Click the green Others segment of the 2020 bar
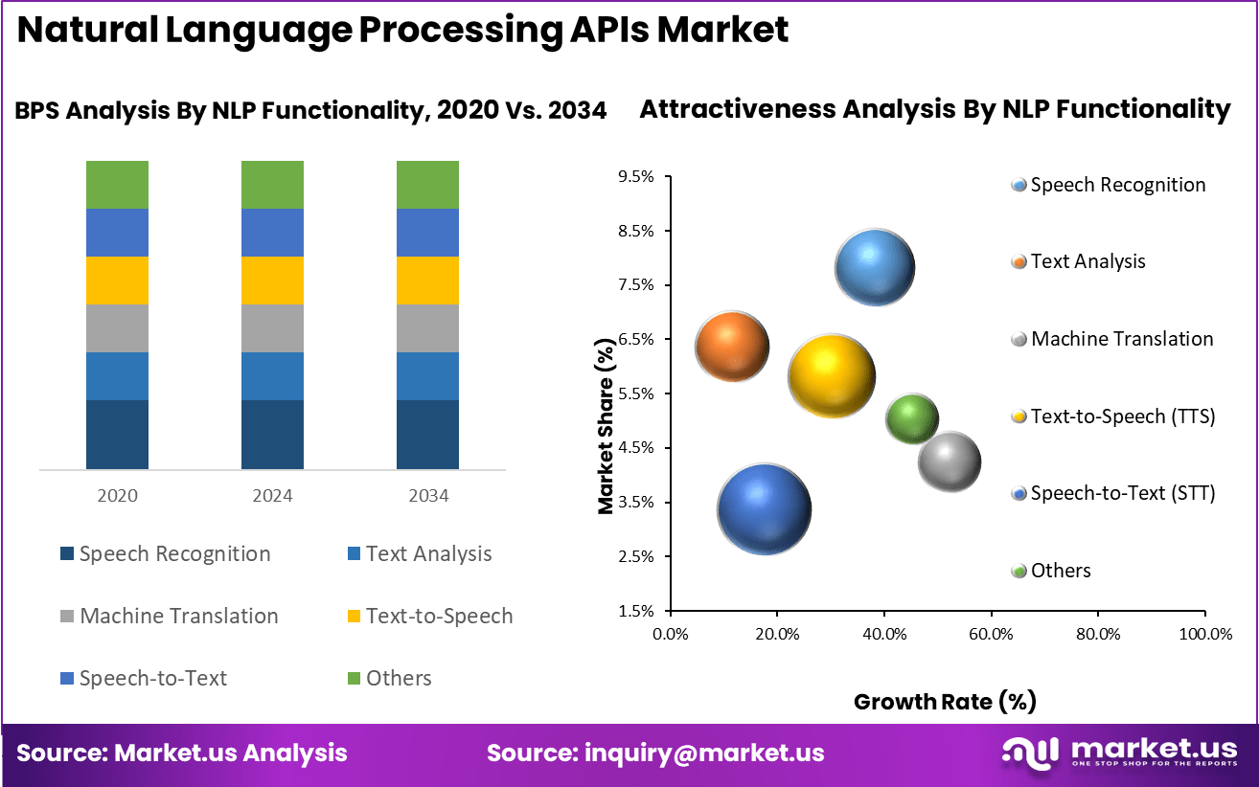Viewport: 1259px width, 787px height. (x=117, y=185)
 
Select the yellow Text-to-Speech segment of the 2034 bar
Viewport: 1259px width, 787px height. (x=427, y=281)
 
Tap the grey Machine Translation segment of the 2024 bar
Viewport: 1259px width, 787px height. (x=273, y=328)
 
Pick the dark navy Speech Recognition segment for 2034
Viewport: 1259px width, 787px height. (x=427, y=435)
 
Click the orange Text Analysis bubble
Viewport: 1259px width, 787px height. (x=732, y=346)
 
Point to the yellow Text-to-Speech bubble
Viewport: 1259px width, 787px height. (x=832, y=376)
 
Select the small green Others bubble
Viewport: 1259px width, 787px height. (x=911, y=419)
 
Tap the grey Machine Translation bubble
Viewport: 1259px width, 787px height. (x=950, y=461)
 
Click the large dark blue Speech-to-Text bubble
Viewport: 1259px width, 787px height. (x=764, y=509)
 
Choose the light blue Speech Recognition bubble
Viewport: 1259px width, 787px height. (x=875, y=267)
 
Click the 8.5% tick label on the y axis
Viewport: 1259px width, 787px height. (x=636, y=231)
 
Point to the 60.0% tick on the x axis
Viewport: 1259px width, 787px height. (x=991, y=634)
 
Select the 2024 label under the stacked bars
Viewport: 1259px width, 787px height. (x=273, y=495)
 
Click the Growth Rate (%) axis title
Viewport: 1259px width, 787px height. (x=945, y=702)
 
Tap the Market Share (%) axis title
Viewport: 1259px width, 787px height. (x=606, y=426)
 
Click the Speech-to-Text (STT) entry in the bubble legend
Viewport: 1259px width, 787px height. (x=1113, y=493)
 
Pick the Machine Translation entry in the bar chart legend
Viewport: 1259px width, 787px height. (x=170, y=617)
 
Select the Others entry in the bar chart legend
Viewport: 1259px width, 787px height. (x=390, y=678)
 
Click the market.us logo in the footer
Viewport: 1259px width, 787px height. (x=1120, y=753)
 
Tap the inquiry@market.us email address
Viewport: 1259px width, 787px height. (x=704, y=753)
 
